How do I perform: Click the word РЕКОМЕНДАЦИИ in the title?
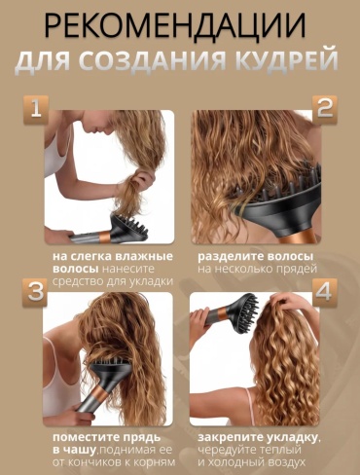tap(175, 26)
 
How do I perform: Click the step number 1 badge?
tap(36, 109)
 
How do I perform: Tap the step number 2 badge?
tap(325, 109)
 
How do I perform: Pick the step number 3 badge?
tap(35, 292)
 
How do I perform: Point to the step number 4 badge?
tap(325, 292)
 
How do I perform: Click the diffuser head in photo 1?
tap(129, 226)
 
